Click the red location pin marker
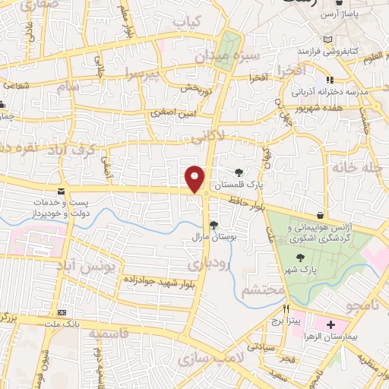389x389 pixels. pyautogui.click(x=196, y=178)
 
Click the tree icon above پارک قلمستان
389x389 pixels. pyautogui.click(x=239, y=173)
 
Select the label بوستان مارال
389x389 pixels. pyautogui.click(x=213, y=236)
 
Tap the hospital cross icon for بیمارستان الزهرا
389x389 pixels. pyautogui.click(x=331, y=325)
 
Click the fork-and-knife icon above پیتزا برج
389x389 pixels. pyautogui.click(x=287, y=309)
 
